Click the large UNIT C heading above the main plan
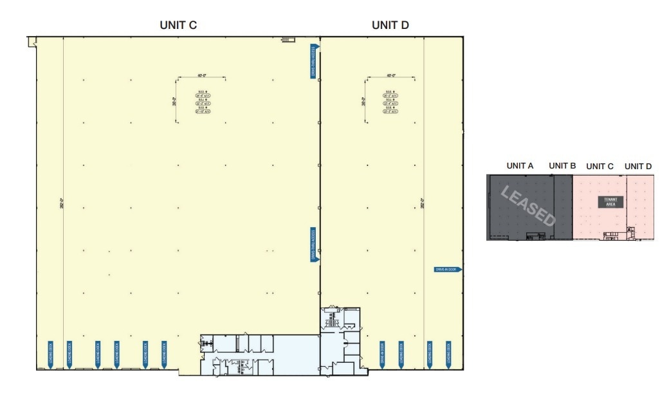point(178,25)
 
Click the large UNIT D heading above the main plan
point(390,25)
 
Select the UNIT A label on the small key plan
point(520,166)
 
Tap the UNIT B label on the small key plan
point(562,166)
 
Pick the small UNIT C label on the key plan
point(600,167)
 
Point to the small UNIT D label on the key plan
point(638,167)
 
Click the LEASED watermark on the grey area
point(527,207)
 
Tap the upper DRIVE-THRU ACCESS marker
point(313,61)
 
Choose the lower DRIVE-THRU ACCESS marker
point(313,244)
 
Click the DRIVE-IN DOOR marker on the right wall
point(448,270)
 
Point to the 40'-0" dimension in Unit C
point(201,76)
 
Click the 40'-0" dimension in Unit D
point(390,76)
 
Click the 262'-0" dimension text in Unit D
point(423,203)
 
